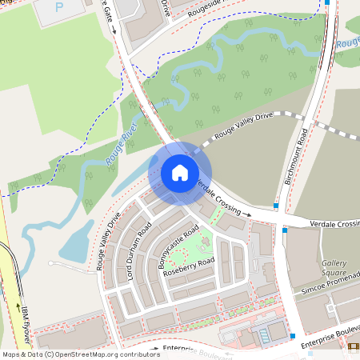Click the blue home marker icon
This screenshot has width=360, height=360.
[x=180, y=173]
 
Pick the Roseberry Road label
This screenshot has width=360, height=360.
[x=189, y=267]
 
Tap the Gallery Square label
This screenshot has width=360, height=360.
[x=334, y=267]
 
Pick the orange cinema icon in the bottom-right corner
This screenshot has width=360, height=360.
[x=354, y=346]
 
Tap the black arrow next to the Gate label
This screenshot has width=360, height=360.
[x=114, y=30]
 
